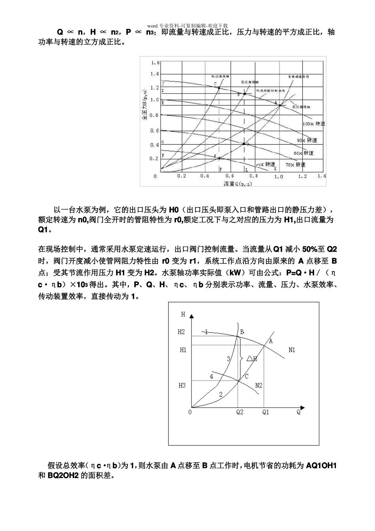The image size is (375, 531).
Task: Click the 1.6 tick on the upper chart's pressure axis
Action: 155,63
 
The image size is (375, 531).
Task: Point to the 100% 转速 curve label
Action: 314,124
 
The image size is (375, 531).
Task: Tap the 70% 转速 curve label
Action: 296,164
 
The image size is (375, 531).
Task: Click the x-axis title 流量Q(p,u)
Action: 238,183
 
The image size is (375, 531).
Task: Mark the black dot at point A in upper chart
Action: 280,105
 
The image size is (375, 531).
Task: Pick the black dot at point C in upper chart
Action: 219,88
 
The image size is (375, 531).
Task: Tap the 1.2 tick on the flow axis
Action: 302,176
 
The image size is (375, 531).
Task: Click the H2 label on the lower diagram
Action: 181,332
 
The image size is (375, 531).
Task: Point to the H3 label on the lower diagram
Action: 182,385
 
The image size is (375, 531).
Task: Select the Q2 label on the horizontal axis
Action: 239,412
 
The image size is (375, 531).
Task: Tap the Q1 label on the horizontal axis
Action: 266,412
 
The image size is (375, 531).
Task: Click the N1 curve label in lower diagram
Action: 292,350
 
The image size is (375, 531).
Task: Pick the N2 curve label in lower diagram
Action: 259,385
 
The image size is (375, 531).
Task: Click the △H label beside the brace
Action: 252,359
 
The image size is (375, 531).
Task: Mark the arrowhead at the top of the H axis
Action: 192,316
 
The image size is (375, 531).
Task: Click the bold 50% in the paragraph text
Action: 309,249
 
